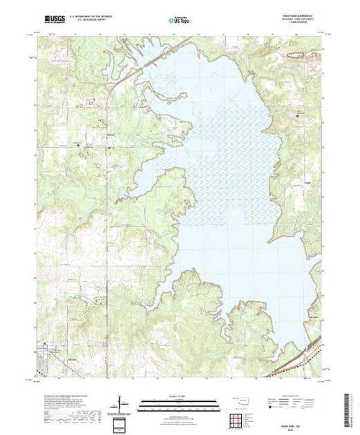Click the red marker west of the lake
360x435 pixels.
click(109, 146)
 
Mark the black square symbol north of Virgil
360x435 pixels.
click(299, 115)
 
